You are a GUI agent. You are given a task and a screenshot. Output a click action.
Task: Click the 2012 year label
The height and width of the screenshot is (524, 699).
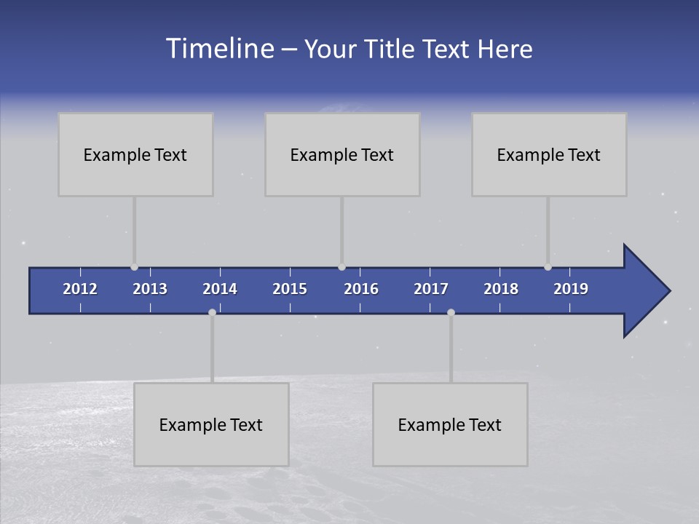point(80,289)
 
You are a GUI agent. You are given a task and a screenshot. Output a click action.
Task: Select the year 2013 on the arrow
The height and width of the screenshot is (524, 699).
point(150,289)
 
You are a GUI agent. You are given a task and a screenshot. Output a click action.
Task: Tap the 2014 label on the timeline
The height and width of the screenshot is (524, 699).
point(220,289)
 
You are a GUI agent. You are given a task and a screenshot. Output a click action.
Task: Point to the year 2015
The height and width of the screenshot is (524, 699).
point(290,289)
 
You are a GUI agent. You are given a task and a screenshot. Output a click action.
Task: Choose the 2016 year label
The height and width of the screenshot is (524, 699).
point(361,289)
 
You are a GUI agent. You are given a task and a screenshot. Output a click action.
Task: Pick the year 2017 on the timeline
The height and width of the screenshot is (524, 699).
point(431,289)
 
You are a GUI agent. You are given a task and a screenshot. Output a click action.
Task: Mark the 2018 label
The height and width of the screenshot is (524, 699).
point(501,289)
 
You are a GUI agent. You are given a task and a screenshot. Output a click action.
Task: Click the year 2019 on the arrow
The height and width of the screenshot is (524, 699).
point(571,289)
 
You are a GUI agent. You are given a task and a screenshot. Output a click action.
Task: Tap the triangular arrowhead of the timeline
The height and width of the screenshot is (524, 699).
point(645,290)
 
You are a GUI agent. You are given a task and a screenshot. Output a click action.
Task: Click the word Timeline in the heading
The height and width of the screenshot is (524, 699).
point(219,49)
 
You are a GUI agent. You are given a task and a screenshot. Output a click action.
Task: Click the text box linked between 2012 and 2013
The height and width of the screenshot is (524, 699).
point(135,154)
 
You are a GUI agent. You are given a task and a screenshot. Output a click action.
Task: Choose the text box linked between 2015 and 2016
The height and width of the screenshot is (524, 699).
point(342,154)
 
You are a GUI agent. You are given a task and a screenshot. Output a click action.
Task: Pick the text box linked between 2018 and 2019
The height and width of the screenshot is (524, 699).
point(549,154)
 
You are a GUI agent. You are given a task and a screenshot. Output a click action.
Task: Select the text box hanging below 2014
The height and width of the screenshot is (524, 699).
point(211,424)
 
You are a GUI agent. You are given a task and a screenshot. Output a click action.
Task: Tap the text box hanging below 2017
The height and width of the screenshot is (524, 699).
point(450,424)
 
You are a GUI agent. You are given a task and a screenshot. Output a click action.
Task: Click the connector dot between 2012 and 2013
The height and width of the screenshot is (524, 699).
point(134,267)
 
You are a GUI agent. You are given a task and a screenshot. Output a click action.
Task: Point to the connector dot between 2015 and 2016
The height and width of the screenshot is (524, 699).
point(341,267)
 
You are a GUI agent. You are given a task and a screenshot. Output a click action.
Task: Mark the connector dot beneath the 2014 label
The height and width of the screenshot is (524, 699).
point(212,312)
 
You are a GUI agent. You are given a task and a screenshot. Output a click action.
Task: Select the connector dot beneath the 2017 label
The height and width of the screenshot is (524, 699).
point(451,312)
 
